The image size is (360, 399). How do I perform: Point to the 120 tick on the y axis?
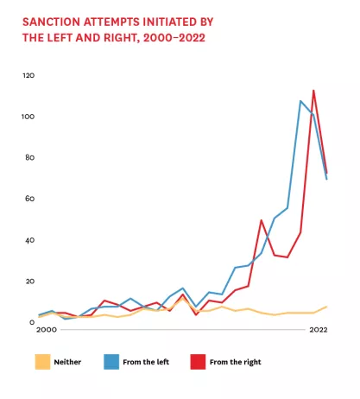tap(29, 75)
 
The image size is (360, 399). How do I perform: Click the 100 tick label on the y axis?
tap(29, 117)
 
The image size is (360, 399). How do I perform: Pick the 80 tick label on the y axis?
tap(31, 157)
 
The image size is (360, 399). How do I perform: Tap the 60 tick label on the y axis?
tap(31, 199)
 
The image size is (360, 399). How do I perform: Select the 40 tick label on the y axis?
tap(31, 240)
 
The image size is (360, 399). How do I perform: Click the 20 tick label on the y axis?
tap(31, 282)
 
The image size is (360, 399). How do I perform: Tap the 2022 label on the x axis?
tap(318, 331)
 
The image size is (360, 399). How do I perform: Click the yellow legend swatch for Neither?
tap(42, 361)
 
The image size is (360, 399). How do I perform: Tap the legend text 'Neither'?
tap(68, 361)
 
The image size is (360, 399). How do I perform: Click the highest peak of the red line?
tap(313, 90)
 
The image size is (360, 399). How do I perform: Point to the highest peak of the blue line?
tap(300, 101)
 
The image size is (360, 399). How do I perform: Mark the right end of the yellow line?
tap(326, 307)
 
